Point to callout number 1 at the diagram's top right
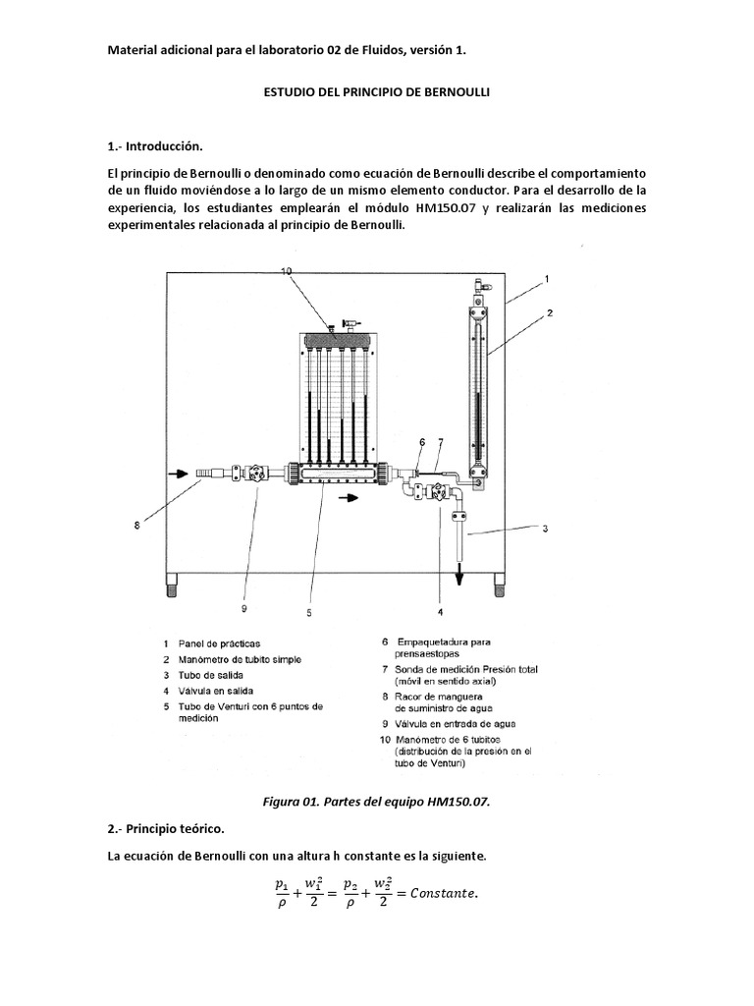pyautogui.click(x=547, y=278)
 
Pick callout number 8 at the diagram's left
pyautogui.click(x=136, y=525)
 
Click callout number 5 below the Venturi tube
pyautogui.click(x=308, y=612)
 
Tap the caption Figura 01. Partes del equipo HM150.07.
pyautogui.click(x=377, y=801)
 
